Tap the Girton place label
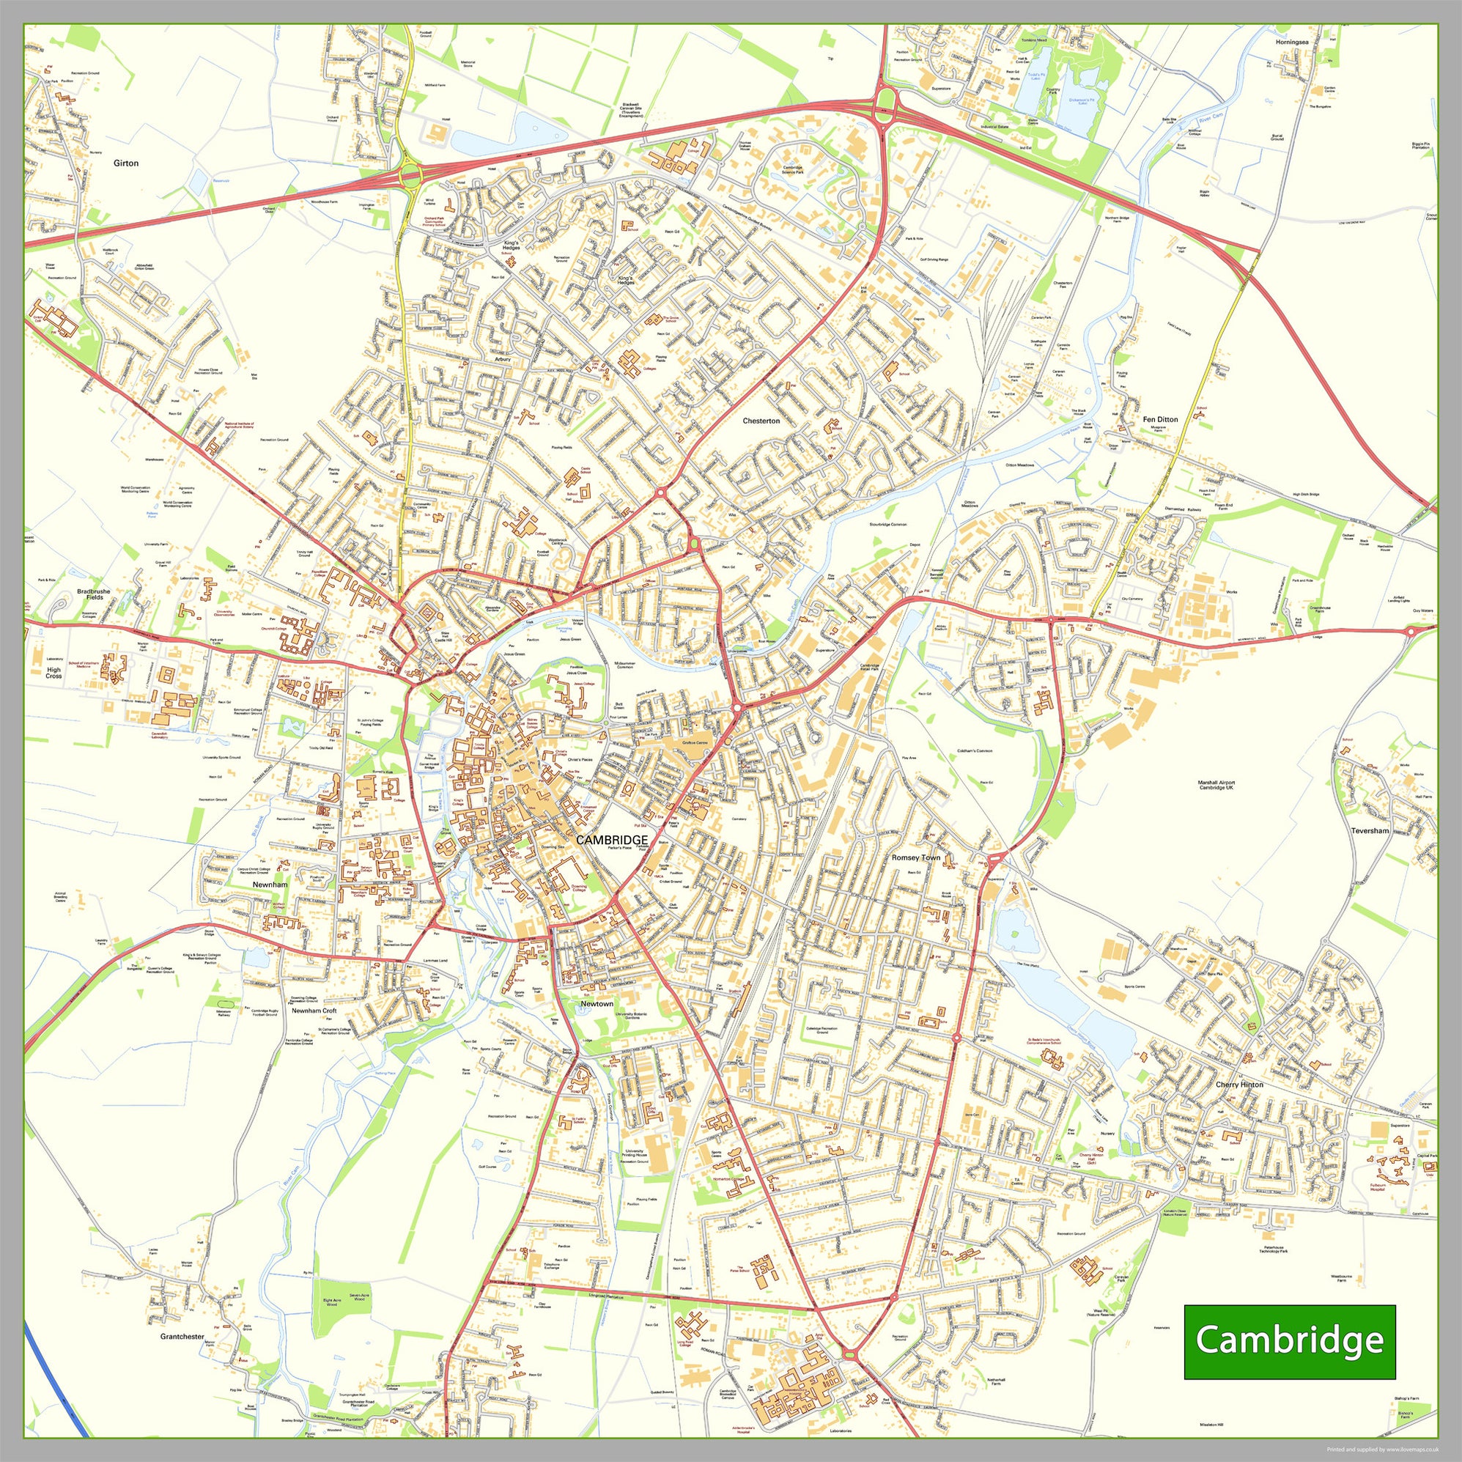(125, 163)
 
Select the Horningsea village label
(1292, 43)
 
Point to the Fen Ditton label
(1160, 419)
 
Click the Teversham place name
(1370, 830)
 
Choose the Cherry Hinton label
(1239, 1085)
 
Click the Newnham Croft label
(314, 1011)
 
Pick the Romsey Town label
(915, 857)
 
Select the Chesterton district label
(761, 421)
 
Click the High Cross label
(53, 672)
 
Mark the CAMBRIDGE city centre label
(611, 840)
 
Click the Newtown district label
(597, 1003)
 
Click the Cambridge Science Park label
(792, 169)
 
